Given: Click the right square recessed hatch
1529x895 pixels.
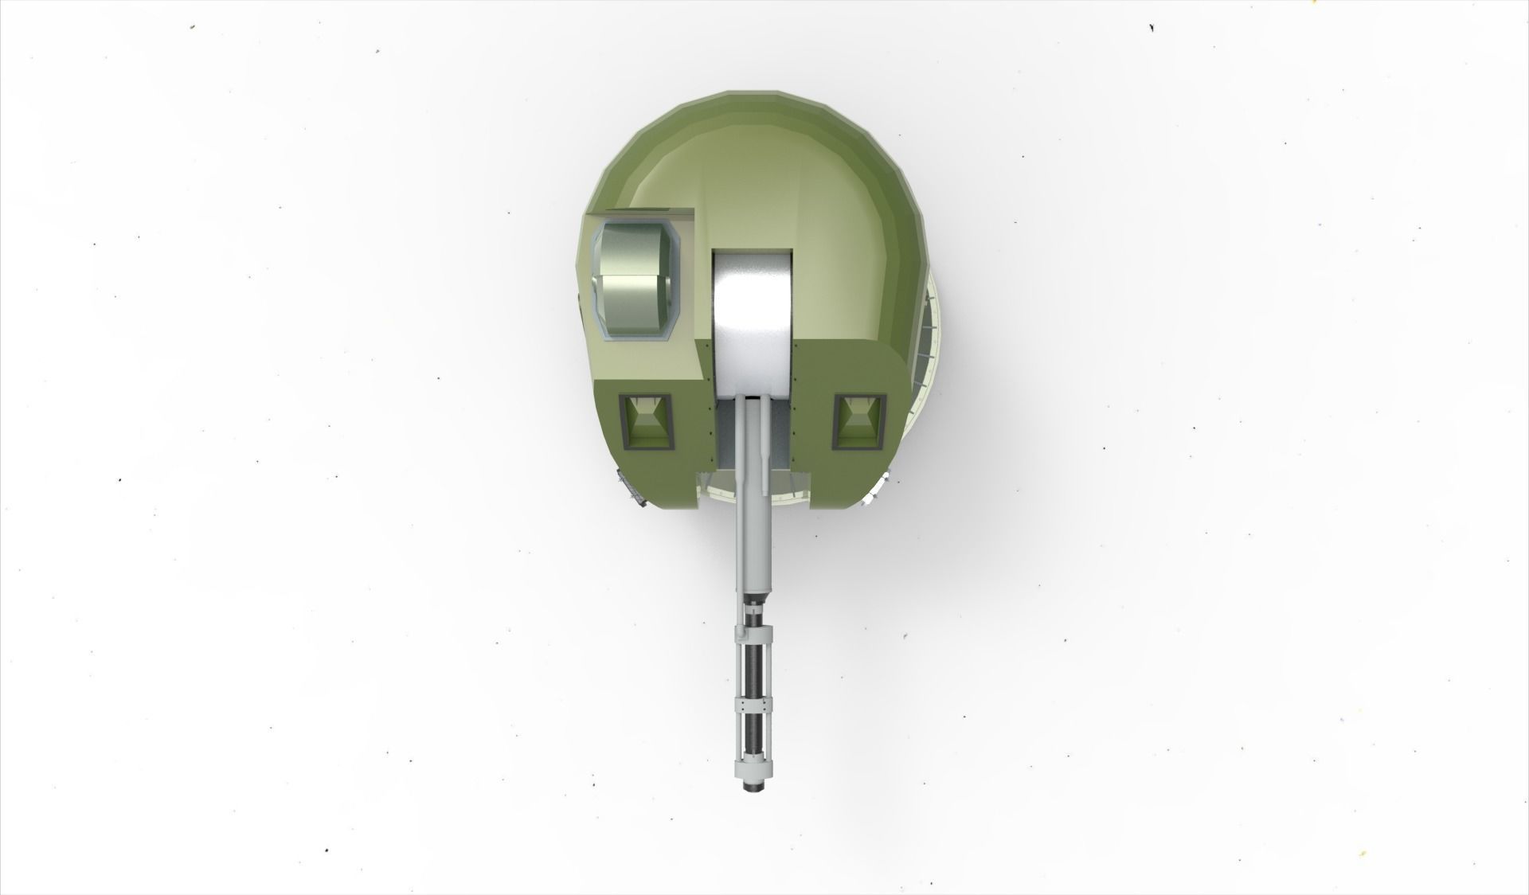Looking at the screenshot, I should click(x=859, y=420).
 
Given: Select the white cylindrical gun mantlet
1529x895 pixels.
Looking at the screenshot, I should click(x=753, y=319).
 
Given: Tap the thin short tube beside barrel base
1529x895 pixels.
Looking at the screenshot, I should click(x=765, y=446).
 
